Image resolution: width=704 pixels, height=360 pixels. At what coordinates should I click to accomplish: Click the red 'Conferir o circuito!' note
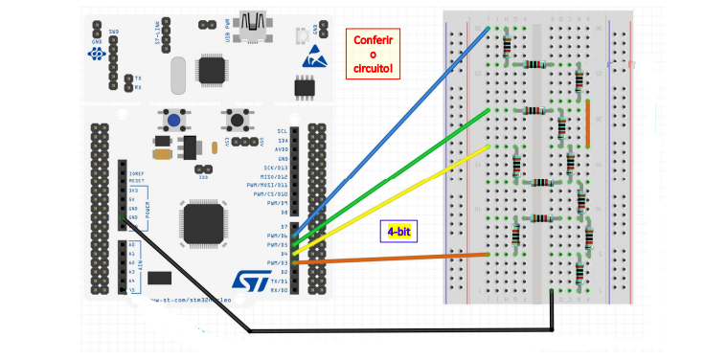click(375, 55)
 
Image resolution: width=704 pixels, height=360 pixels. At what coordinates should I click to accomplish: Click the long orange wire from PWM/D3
click(402, 257)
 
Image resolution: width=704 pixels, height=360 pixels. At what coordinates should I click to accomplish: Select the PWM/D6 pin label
click(277, 236)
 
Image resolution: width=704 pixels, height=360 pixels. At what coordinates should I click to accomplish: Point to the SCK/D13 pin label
click(275, 168)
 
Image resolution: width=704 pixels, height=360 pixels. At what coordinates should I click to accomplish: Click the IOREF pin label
click(136, 173)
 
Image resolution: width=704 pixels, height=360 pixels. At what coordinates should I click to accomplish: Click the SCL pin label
click(282, 130)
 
